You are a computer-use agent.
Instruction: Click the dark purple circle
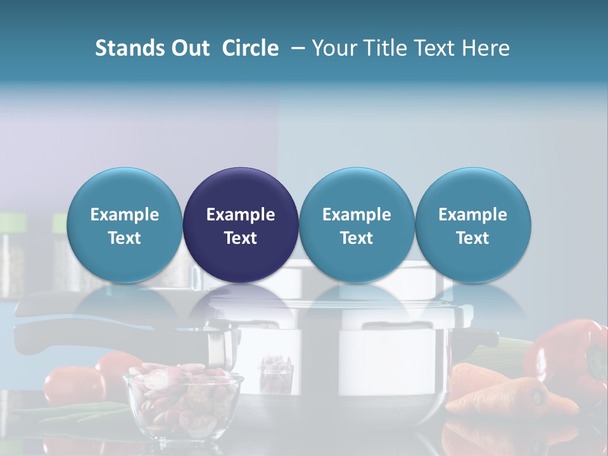tap(241, 225)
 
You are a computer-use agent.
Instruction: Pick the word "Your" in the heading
tap(334, 48)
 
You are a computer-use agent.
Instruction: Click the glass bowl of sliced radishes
tap(182, 405)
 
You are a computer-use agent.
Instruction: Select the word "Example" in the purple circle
tap(241, 215)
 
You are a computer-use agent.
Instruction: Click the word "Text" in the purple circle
tap(241, 238)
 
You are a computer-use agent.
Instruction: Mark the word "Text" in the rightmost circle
tap(473, 238)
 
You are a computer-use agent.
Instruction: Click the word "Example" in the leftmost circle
tap(125, 215)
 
